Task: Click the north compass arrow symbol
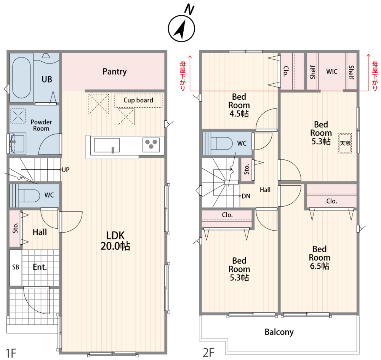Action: coord(181,29)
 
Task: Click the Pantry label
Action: coord(114,72)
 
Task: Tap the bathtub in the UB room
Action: coord(21,77)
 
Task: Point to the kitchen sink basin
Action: coord(107,145)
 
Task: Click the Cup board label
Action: coord(138,100)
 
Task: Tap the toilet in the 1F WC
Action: coord(29,196)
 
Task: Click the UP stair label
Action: coord(66,170)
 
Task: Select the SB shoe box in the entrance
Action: coord(16,268)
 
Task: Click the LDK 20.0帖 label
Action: coord(115,241)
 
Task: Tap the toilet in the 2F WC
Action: coord(222,144)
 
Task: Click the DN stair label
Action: coord(246,196)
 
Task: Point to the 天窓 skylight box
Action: coord(345,143)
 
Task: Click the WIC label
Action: coord(332,72)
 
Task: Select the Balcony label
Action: coord(279,332)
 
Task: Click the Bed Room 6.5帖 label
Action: coord(320,258)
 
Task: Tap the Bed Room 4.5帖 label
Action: coord(239,105)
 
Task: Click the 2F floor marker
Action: coord(208,353)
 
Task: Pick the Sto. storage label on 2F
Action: coord(247,169)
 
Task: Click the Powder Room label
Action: coord(41,125)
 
